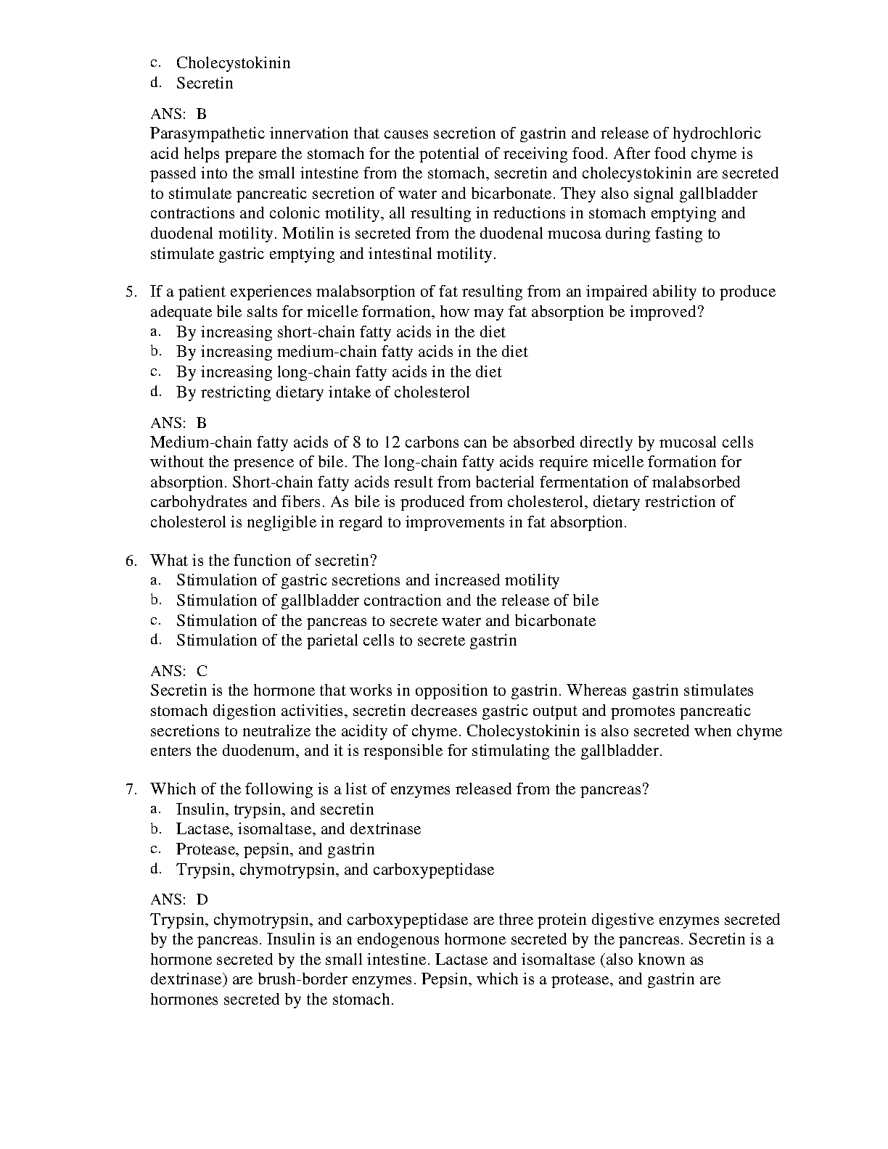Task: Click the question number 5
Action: tap(131, 292)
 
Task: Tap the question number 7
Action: tap(131, 789)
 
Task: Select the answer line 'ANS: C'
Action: tap(178, 671)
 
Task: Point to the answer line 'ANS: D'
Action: tap(178, 899)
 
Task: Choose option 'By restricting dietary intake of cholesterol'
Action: tap(323, 392)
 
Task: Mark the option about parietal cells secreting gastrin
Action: tap(346, 641)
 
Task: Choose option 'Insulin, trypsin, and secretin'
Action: tap(275, 810)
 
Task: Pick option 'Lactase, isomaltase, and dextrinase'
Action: tap(298, 829)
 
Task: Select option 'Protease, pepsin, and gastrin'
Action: tap(275, 849)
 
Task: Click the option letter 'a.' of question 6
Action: tap(155, 580)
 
